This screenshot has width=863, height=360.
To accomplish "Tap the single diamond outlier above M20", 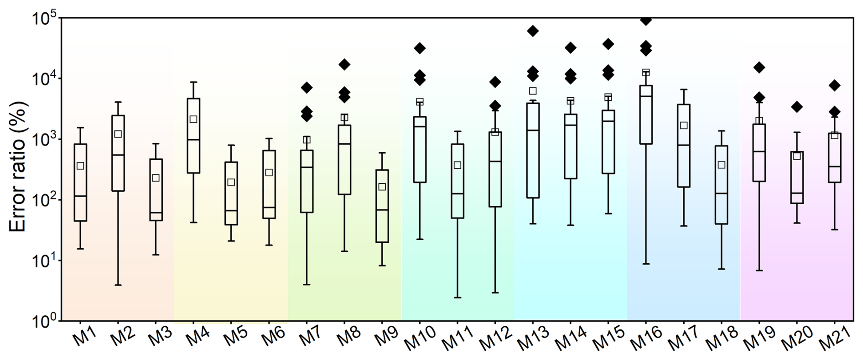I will [797, 107].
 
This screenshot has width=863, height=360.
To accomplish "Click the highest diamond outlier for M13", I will [533, 31].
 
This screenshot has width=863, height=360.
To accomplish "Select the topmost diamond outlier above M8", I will [344, 64].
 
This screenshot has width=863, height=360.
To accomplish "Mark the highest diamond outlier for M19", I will [759, 68].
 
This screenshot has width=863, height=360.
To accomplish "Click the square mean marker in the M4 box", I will [193, 119].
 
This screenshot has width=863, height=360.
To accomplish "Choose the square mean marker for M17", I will [684, 125].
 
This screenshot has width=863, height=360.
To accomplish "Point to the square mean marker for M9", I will [382, 187].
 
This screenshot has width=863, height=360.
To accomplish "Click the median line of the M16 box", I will [646, 96].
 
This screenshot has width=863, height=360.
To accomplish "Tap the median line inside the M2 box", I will [118, 155].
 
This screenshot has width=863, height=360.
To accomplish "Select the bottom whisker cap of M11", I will [457, 297].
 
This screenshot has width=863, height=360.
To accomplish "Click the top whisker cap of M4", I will [193, 82].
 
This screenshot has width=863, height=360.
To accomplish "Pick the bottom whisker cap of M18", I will [722, 269].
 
